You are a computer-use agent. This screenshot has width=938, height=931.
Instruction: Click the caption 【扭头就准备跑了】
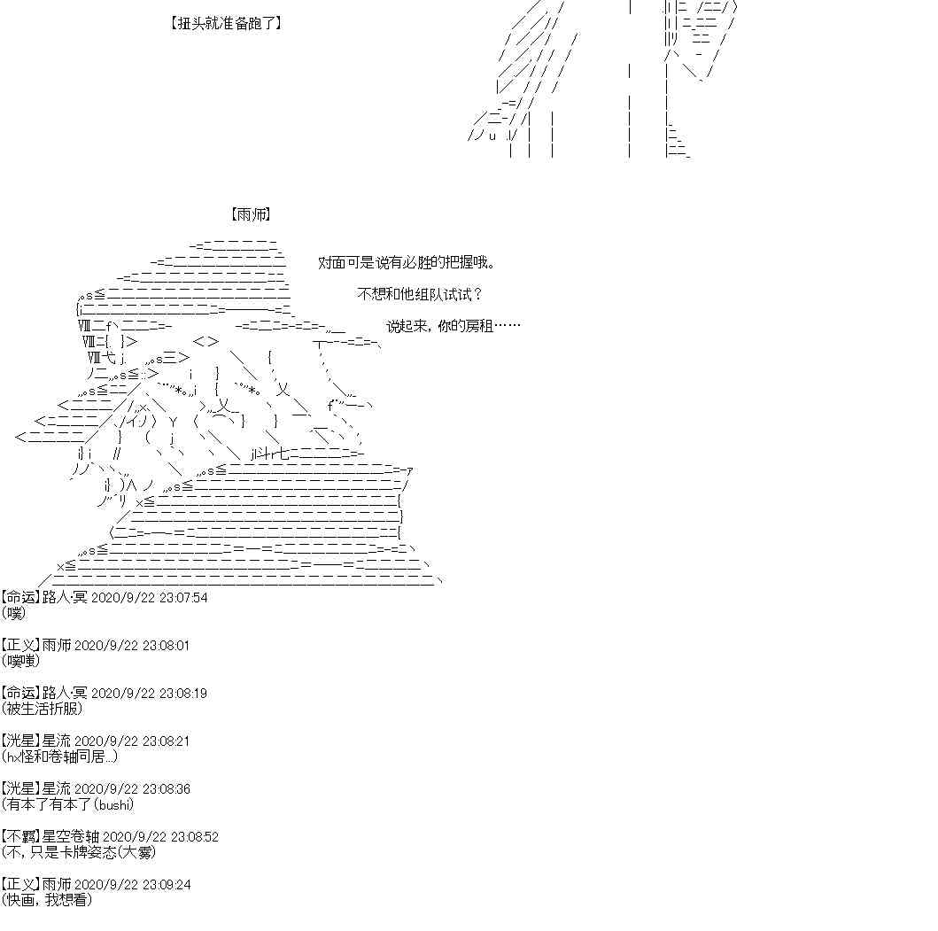[x=225, y=24]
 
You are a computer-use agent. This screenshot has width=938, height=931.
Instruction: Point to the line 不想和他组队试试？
[x=420, y=294]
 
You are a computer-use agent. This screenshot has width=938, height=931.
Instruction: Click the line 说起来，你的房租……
[x=453, y=326]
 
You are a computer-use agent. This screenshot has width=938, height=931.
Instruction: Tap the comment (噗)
[x=14, y=613]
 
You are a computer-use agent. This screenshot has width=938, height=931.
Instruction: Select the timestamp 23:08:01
[x=167, y=646]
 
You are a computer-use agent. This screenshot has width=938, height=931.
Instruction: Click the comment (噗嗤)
[x=20, y=661]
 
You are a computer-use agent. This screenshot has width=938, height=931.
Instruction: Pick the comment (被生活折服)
[x=42, y=709]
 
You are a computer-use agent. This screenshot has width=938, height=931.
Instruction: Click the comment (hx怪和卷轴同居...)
[x=59, y=756]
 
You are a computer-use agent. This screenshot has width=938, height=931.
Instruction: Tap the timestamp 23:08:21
[x=167, y=741]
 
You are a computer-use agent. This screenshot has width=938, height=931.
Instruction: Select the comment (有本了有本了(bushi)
[x=67, y=804]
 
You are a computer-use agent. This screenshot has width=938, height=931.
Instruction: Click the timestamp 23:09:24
[x=167, y=885]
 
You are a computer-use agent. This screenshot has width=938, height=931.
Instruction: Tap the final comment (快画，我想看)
[x=47, y=900]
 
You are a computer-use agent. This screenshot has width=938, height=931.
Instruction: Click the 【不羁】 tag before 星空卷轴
[x=20, y=837]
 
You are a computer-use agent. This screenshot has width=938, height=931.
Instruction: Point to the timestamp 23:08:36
[x=167, y=789]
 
